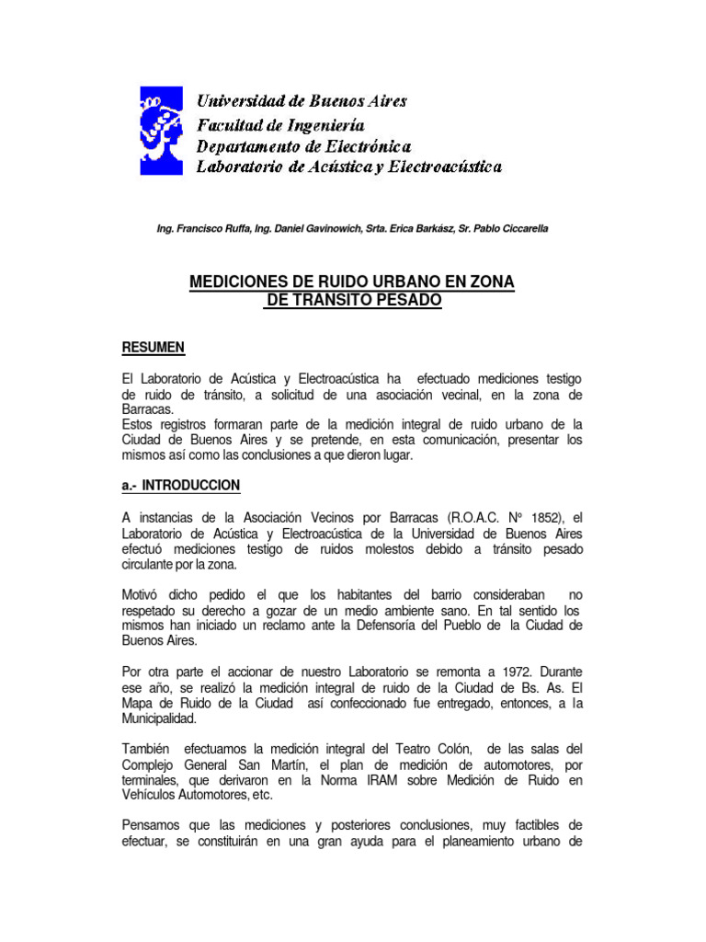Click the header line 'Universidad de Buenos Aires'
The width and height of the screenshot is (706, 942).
(x=302, y=100)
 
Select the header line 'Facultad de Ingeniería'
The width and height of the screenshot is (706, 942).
(x=281, y=123)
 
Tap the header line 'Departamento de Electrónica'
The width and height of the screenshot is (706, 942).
(x=304, y=145)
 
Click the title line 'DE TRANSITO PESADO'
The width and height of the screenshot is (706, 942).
(x=353, y=300)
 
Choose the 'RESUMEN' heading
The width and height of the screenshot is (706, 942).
(x=154, y=347)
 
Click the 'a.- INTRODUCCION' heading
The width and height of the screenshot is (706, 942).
(x=181, y=485)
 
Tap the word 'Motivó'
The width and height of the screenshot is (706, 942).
(x=142, y=595)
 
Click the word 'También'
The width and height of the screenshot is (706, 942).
(x=147, y=750)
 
